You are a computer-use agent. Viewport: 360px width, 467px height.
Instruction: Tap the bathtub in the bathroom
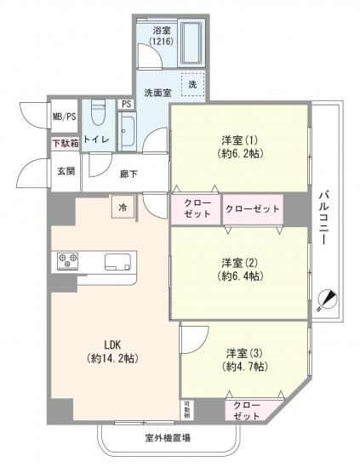(191, 43)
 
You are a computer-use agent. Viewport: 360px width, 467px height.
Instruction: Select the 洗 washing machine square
(192, 85)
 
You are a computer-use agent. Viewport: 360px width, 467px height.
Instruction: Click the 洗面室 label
(157, 92)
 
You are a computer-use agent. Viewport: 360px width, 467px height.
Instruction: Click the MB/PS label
(65, 117)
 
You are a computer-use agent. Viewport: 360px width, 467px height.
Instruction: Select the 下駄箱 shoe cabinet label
(66, 144)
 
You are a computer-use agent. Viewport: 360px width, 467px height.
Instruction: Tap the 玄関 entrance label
(66, 170)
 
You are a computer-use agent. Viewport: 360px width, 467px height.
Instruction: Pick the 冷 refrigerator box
(123, 206)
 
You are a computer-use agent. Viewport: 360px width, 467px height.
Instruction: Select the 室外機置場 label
(167, 439)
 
